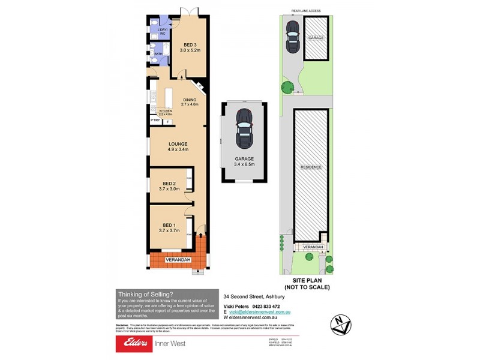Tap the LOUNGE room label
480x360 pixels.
tap(178, 143)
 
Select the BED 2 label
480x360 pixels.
tap(169, 184)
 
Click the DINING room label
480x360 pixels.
tap(190, 100)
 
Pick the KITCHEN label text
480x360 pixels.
tap(165, 111)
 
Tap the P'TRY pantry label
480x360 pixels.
tap(155, 121)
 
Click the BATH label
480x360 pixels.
tap(158, 54)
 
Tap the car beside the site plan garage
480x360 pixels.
tap(292, 37)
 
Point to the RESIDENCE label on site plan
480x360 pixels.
tap(311, 167)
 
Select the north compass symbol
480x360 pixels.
tap(341, 324)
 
